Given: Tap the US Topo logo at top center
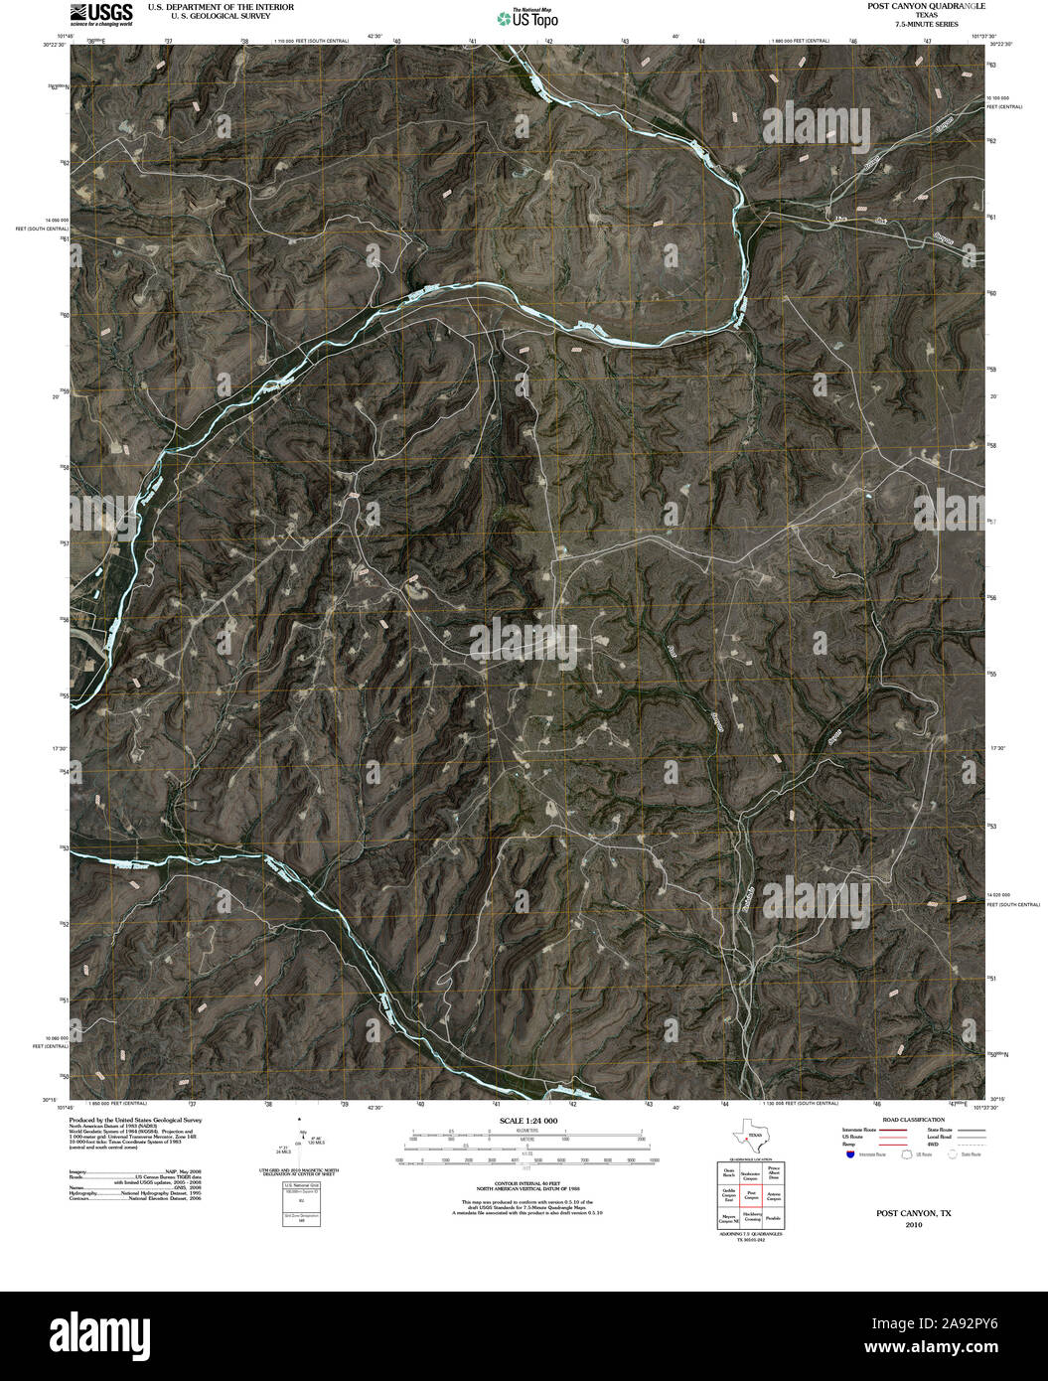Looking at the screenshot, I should [527, 17].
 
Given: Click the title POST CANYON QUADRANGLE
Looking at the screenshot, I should [905, 6].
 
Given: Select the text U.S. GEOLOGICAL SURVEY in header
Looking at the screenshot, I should [207, 16].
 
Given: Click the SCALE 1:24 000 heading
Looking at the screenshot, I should [524, 1121].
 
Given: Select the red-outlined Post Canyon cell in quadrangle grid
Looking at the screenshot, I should [751, 1194].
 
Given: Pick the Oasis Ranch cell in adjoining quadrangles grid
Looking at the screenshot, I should [729, 1172].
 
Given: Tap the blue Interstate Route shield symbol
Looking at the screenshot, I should [850, 1154].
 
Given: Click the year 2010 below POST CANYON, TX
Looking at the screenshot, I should [913, 1225].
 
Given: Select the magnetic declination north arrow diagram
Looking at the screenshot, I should [299, 1143].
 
